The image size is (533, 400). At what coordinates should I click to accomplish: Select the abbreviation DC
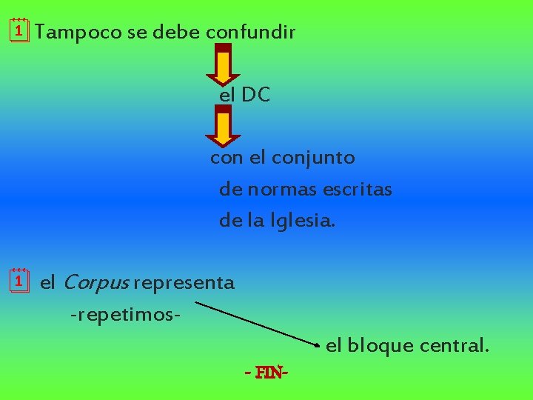tap(255, 95)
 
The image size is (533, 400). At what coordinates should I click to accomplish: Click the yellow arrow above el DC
tap(223, 66)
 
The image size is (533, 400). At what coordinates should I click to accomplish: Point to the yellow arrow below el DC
tap(223, 127)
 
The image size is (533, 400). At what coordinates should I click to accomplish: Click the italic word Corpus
tap(95, 282)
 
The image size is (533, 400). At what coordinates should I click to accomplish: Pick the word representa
tap(184, 283)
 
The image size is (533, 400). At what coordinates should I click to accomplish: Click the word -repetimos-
tap(126, 315)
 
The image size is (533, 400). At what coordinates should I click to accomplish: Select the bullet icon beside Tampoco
tap(19, 31)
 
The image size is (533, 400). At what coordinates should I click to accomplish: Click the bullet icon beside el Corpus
tap(19, 281)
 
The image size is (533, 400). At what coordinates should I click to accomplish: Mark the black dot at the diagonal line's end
tap(318, 346)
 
